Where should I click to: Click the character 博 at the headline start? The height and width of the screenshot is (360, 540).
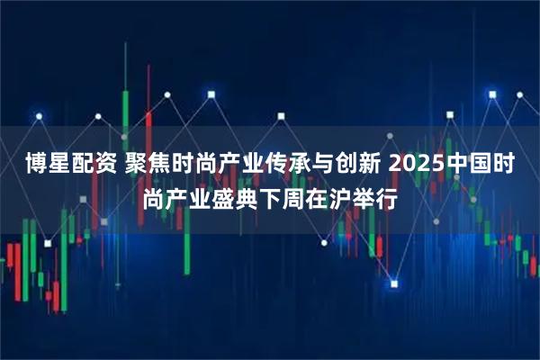(x=37, y=165)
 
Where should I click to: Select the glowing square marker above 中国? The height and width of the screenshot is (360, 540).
(x=491, y=92)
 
